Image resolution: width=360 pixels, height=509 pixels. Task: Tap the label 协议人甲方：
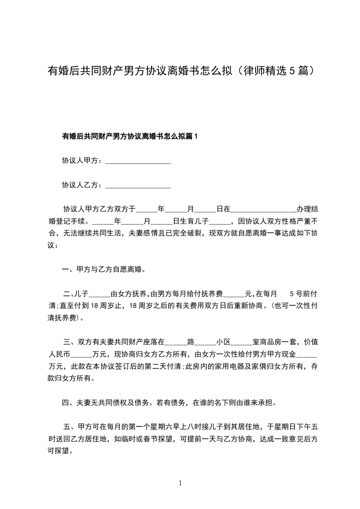(x=83, y=161)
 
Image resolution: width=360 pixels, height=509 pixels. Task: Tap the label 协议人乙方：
(x=83, y=185)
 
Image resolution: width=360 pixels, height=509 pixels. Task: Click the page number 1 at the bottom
(x=180, y=483)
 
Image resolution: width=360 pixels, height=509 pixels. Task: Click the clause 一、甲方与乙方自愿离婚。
(x=104, y=270)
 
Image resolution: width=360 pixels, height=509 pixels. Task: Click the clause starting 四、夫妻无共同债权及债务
(x=169, y=402)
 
